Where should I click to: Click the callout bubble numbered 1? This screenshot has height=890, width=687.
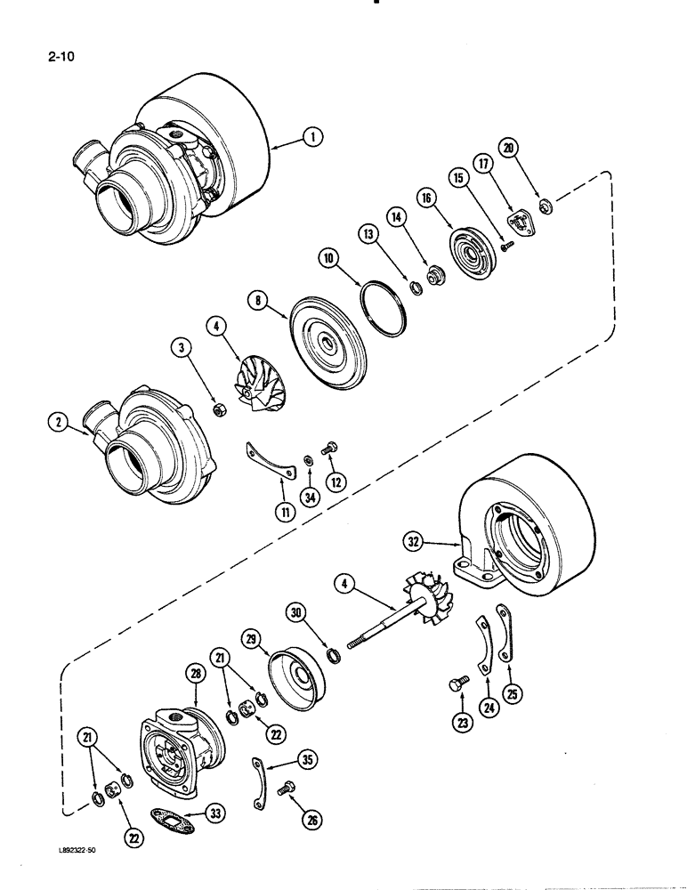pyautogui.click(x=311, y=136)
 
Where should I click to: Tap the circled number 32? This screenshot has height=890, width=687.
pyautogui.click(x=433, y=540)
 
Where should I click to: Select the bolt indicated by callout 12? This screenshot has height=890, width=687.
pyautogui.click(x=329, y=449)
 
